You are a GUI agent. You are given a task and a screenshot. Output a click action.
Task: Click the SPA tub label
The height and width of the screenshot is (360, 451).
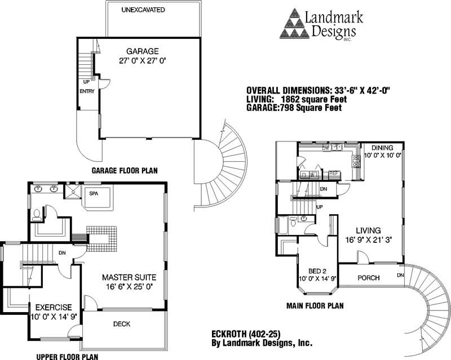(94, 193)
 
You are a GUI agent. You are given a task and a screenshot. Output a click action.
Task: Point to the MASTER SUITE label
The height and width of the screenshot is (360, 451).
(129, 278)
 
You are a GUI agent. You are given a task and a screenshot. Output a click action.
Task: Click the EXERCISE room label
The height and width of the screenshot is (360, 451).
(53, 308)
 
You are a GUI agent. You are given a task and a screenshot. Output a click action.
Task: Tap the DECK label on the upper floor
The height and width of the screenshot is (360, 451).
(122, 324)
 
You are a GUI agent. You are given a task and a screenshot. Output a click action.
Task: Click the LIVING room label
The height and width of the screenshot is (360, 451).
(368, 230)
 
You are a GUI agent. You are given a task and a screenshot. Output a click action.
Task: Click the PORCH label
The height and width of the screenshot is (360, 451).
(369, 278)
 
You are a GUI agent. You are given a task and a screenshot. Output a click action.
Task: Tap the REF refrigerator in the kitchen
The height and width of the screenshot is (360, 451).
(333, 174)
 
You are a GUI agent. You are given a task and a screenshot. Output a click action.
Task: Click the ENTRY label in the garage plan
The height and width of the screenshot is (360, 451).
(87, 91)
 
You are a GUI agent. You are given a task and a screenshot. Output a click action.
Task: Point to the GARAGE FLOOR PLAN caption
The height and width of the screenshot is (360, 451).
(124, 170)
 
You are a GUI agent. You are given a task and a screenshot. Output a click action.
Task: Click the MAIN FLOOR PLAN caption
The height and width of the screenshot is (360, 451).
(316, 306)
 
